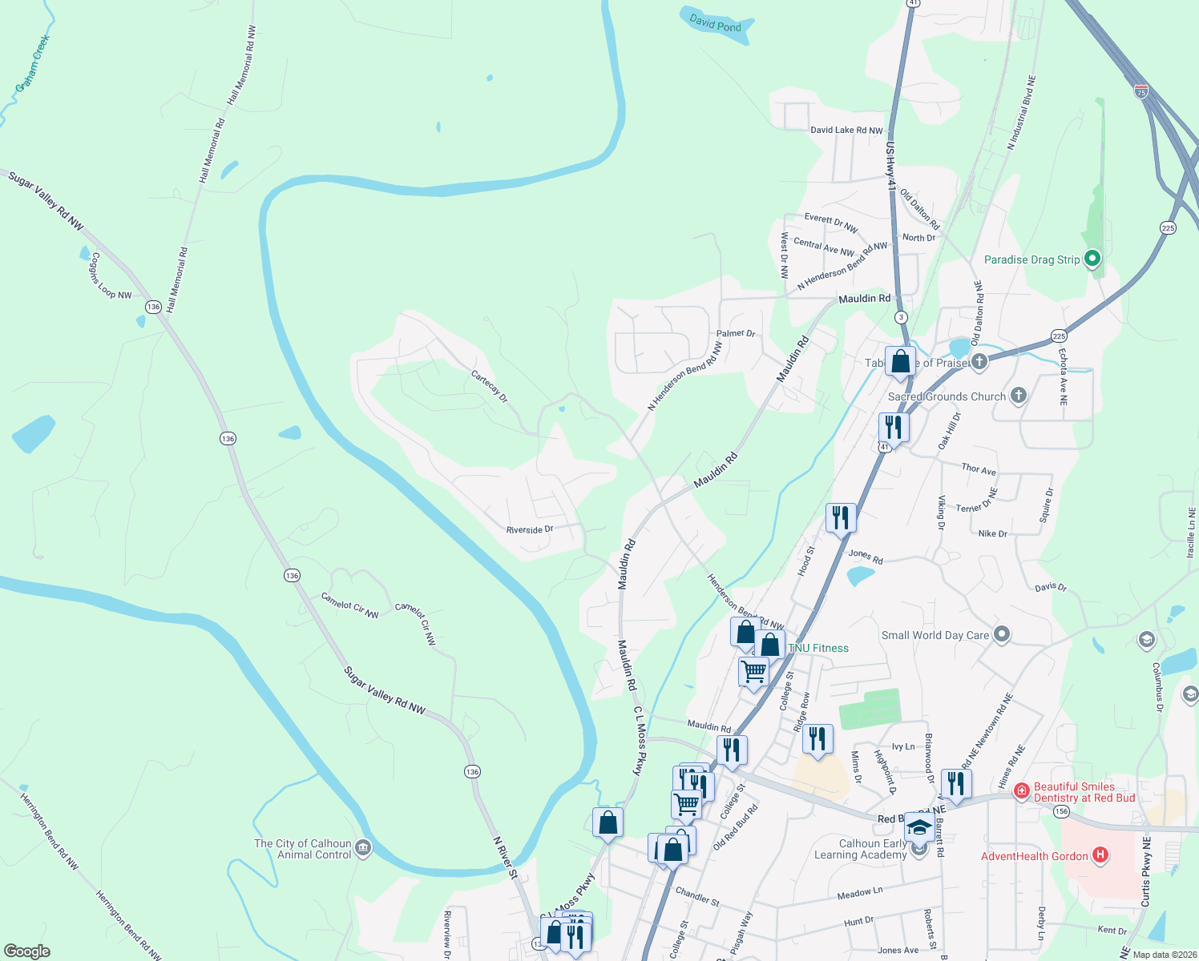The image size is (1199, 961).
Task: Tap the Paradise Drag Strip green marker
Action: [x=1092, y=259]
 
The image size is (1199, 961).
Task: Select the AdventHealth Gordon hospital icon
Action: [x=1100, y=855]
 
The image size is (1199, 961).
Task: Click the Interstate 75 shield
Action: [x=1141, y=91]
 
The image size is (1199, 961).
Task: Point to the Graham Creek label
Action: [x=32, y=62]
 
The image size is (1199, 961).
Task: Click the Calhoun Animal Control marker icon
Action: [x=362, y=848]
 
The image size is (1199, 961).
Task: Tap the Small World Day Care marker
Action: [x=1001, y=635]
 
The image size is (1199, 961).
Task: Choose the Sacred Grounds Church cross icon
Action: [x=1018, y=396]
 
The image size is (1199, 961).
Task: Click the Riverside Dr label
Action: [x=530, y=529]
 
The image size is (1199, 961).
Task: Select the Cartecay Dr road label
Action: [x=489, y=386]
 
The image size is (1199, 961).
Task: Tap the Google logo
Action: [x=26, y=951]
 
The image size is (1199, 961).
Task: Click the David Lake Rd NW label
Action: [x=846, y=130]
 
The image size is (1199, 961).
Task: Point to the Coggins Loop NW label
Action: [x=111, y=276]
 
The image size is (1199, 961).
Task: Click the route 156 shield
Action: [x=1061, y=811]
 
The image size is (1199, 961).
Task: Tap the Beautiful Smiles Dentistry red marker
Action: [x=1021, y=792]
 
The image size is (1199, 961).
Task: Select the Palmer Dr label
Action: [x=736, y=333]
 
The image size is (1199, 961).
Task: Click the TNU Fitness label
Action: [x=818, y=648]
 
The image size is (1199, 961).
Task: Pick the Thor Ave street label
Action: [x=979, y=468]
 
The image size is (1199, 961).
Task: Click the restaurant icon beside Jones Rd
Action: [x=840, y=517]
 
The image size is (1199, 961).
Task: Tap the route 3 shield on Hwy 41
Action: [x=901, y=317]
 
